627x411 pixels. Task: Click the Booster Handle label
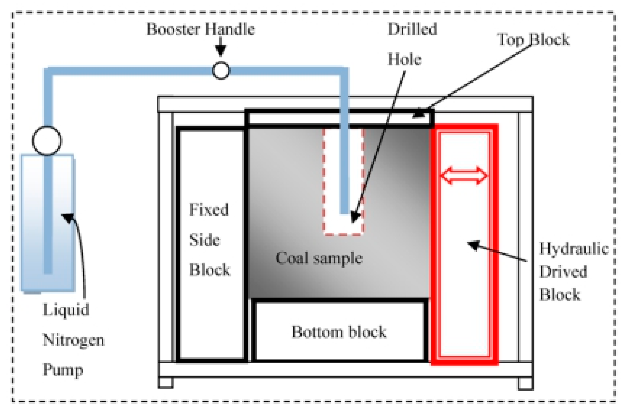coord(201,29)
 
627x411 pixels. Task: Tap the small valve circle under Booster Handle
coord(221,70)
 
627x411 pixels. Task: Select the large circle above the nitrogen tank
coord(47,140)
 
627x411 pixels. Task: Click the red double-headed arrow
coord(464,175)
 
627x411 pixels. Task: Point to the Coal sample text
coord(319,258)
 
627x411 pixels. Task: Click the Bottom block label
coord(339,332)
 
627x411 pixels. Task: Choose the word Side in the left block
coord(204,240)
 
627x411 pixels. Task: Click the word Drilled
coord(412,29)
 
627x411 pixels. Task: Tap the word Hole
coord(404,59)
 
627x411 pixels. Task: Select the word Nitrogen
coord(73,340)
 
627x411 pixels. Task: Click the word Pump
coord(63,370)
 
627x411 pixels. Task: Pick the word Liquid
coord(66,310)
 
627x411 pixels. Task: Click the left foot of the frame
coord(166,383)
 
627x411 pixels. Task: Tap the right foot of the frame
coord(526,383)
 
